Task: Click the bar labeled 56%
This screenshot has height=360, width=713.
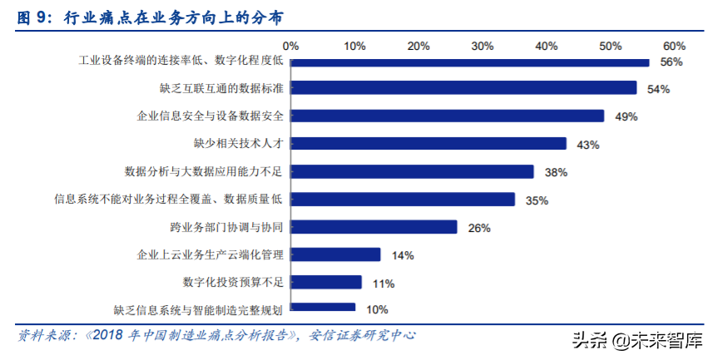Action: [x=469, y=61]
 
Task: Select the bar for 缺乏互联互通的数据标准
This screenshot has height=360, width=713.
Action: [x=463, y=88]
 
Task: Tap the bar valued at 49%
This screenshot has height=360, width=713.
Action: [x=448, y=116]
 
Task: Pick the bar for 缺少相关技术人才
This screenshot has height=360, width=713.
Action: [x=428, y=144]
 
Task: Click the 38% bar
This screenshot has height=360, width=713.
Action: [x=412, y=171]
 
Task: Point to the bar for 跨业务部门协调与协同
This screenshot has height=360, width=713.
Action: [x=374, y=227]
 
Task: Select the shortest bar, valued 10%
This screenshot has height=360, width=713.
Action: [x=323, y=308]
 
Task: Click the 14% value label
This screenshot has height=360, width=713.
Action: [x=403, y=255]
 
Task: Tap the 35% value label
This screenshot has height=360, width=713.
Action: [x=537, y=200]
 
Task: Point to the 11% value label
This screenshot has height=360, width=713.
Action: [x=384, y=284]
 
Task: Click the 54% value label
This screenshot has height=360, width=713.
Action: [x=658, y=89]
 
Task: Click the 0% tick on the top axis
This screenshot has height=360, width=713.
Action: [x=290, y=45]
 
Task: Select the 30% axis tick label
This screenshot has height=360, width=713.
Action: [x=483, y=45]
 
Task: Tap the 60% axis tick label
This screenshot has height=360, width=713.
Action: [x=674, y=45]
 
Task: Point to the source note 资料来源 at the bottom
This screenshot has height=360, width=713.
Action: [x=216, y=336]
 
